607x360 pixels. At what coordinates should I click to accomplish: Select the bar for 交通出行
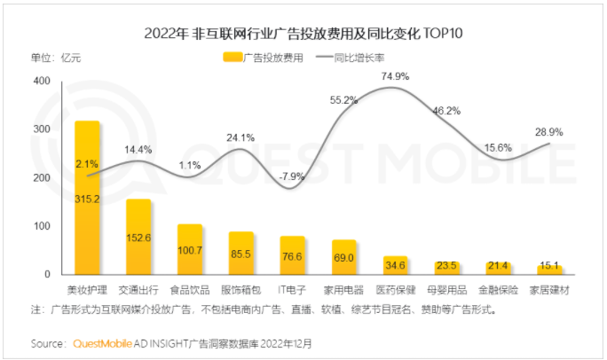click(x=138, y=237)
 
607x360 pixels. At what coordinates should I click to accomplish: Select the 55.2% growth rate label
click(x=343, y=100)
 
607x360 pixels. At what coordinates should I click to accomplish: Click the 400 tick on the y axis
click(x=42, y=82)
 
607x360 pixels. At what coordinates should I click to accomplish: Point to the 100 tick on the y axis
click(x=42, y=226)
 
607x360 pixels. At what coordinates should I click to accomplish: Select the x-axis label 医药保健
click(x=394, y=290)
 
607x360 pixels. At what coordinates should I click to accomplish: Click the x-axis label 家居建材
click(x=548, y=290)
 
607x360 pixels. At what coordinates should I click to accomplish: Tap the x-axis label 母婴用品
click(x=445, y=290)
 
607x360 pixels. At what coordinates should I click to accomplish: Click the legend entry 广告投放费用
click(x=264, y=58)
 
